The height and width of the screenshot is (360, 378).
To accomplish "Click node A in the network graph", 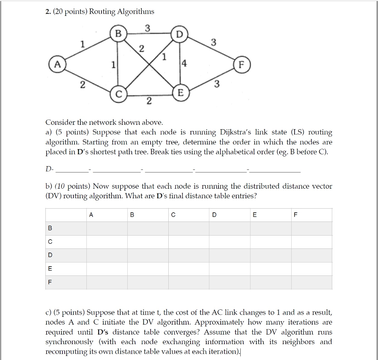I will tap(56, 64).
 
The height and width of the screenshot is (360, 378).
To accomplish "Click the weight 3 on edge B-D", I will tap(147, 28).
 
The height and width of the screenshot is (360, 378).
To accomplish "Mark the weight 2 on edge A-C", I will tap(83, 85).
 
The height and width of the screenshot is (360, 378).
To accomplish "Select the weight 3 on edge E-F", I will tap(217, 84).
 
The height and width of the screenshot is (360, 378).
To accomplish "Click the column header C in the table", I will tap(173, 215).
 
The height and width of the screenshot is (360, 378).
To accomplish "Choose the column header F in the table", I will tap(295, 215).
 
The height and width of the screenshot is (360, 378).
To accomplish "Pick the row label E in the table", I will tap(50, 269).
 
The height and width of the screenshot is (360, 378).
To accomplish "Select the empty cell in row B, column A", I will tap(107, 229).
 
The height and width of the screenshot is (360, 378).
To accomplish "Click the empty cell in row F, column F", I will tap(312, 282).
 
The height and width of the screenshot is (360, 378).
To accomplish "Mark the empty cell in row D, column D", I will tap(230, 256).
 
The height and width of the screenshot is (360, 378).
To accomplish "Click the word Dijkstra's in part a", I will tap(236, 132).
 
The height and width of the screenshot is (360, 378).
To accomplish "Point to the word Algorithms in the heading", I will tap(135, 11).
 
